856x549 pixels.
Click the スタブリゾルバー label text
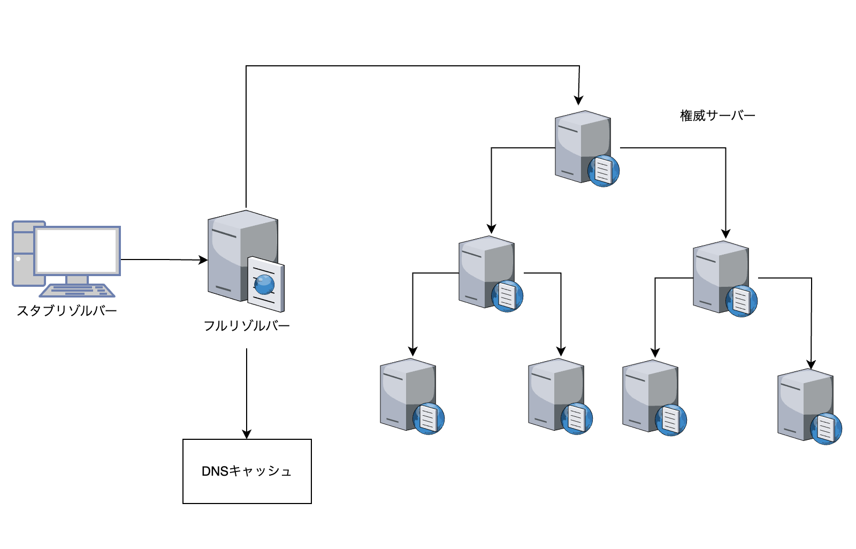(67, 310)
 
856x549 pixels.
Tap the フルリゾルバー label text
(247, 325)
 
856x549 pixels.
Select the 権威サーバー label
(717, 116)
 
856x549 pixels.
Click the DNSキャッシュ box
(247, 471)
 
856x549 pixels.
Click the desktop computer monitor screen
(77, 250)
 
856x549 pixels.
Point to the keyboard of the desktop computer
(78, 291)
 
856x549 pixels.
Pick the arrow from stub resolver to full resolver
(163, 260)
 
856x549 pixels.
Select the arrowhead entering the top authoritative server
(578, 100)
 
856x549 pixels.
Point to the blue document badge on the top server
(603, 171)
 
